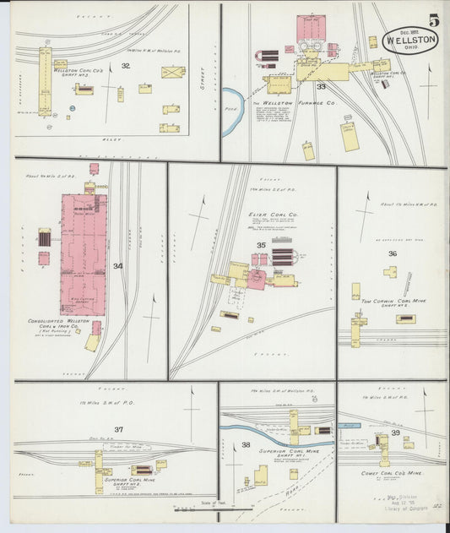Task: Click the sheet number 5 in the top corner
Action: [433, 19]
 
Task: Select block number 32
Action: [125, 65]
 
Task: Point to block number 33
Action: [321, 86]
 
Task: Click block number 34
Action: [117, 267]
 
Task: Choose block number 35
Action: [261, 246]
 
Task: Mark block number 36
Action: [393, 253]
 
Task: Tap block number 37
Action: [119, 429]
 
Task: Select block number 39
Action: [395, 432]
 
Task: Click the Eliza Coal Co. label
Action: [268, 215]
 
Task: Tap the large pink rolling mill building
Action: [83, 253]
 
